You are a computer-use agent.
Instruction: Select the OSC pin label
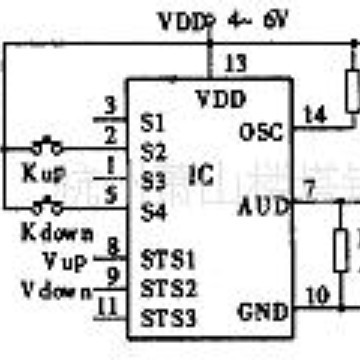click(x=263, y=131)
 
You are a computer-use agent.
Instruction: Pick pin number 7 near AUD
click(x=309, y=188)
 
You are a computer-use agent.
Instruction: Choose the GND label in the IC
click(x=263, y=286)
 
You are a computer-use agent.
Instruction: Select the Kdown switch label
click(x=58, y=234)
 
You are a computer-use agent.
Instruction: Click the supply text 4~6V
click(x=262, y=19)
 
